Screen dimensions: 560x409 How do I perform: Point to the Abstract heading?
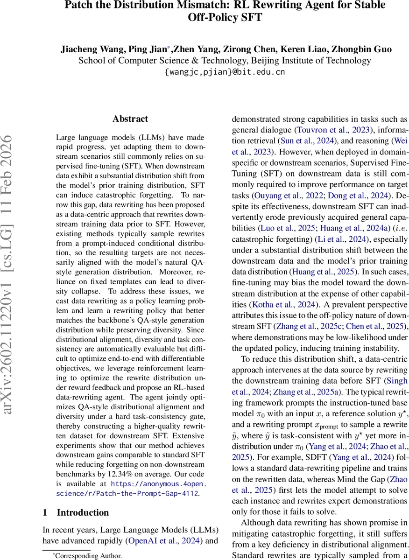tap(130, 119)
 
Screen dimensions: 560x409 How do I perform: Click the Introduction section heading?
tap(76, 512)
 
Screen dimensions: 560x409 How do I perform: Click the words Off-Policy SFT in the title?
tap(225, 18)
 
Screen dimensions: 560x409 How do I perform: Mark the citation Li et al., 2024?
tap(340, 239)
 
